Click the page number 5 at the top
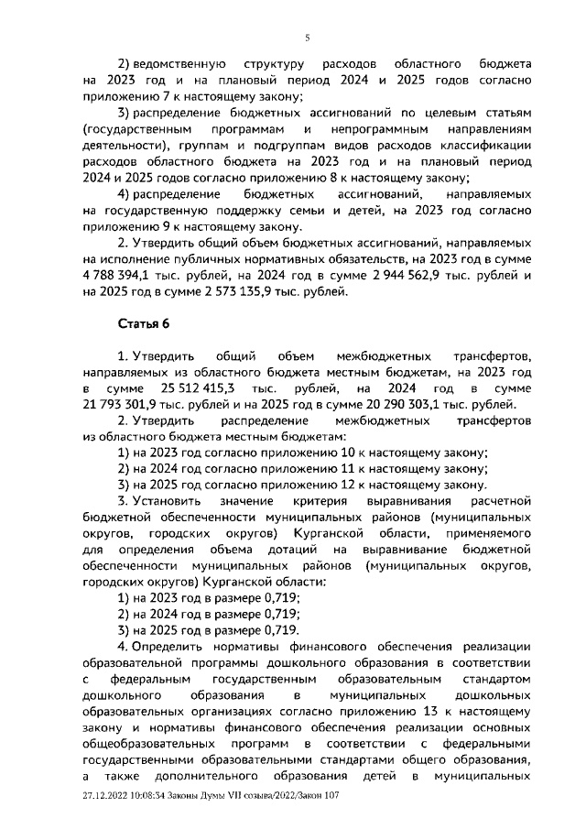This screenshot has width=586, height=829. [308, 37]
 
